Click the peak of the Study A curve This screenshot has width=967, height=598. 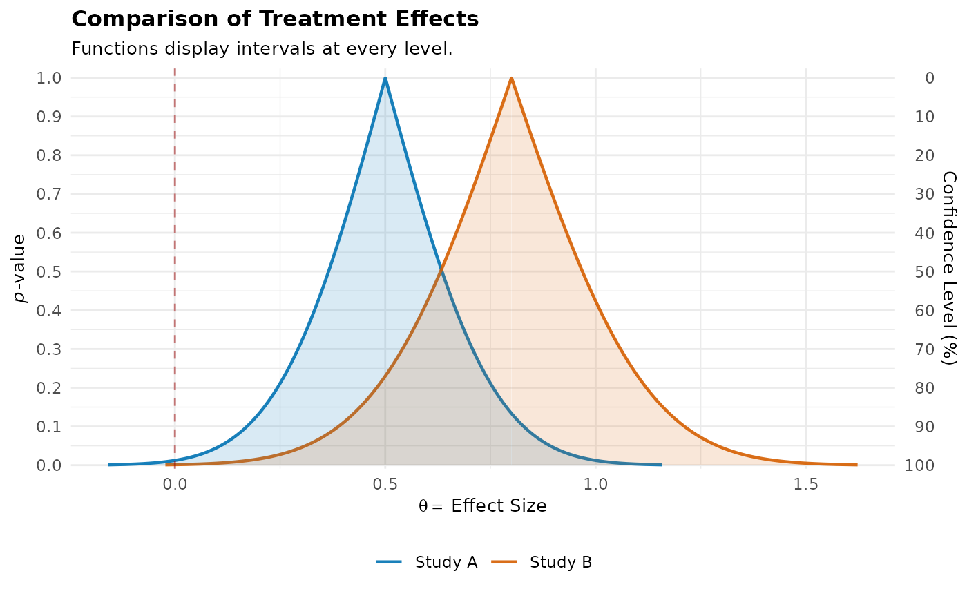click(385, 78)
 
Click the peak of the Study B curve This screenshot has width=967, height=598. click(512, 78)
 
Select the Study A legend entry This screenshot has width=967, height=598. click(427, 562)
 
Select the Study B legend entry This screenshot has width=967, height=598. click(542, 562)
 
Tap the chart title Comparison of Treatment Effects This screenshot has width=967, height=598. click(275, 19)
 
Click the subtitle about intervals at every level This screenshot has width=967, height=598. click(262, 49)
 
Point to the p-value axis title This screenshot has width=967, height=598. click(19, 269)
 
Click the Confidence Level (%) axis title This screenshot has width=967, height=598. click(949, 268)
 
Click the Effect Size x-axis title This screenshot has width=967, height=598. click(482, 505)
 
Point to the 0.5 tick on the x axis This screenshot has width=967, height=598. click(385, 485)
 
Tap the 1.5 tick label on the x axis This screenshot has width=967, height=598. click(806, 485)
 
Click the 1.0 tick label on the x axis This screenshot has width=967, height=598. click(595, 485)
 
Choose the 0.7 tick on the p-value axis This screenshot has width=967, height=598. click(49, 194)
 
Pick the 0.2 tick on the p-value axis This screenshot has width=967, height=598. click(49, 388)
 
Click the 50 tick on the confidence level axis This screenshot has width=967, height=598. click(925, 272)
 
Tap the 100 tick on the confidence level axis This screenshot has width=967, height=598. click(920, 465)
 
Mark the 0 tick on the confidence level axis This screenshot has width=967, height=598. click(930, 78)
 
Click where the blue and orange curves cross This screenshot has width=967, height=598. click(441, 270)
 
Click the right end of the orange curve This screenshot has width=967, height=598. click(856, 465)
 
